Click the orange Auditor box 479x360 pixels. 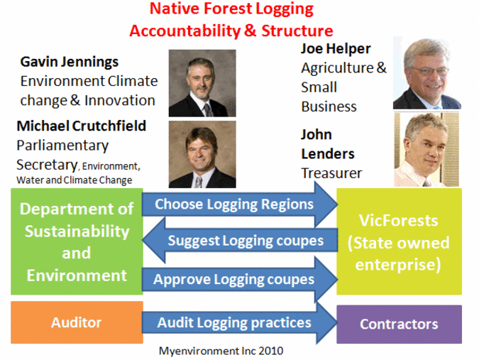point(77,322)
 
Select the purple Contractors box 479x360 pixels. point(399,324)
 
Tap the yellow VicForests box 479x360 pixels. point(399,241)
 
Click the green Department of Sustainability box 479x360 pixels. point(77,241)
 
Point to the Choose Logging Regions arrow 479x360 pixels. point(240,204)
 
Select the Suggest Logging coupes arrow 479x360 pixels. point(240,241)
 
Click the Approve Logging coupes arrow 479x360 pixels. point(240,279)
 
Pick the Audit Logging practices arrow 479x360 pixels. point(240,322)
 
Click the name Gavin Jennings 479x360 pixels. point(70,62)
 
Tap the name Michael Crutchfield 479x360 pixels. point(82,126)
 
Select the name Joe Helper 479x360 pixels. point(336,48)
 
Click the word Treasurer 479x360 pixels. point(331,173)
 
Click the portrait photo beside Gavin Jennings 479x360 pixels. point(202,83)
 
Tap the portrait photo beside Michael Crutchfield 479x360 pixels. point(202,154)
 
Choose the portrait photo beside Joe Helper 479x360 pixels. point(427,72)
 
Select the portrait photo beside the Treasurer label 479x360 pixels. point(426,149)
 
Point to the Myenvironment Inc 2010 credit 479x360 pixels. point(221,351)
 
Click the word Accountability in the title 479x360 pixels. point(185,31)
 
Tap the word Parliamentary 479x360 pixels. point(62,146)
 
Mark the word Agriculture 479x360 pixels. point(337,68)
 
